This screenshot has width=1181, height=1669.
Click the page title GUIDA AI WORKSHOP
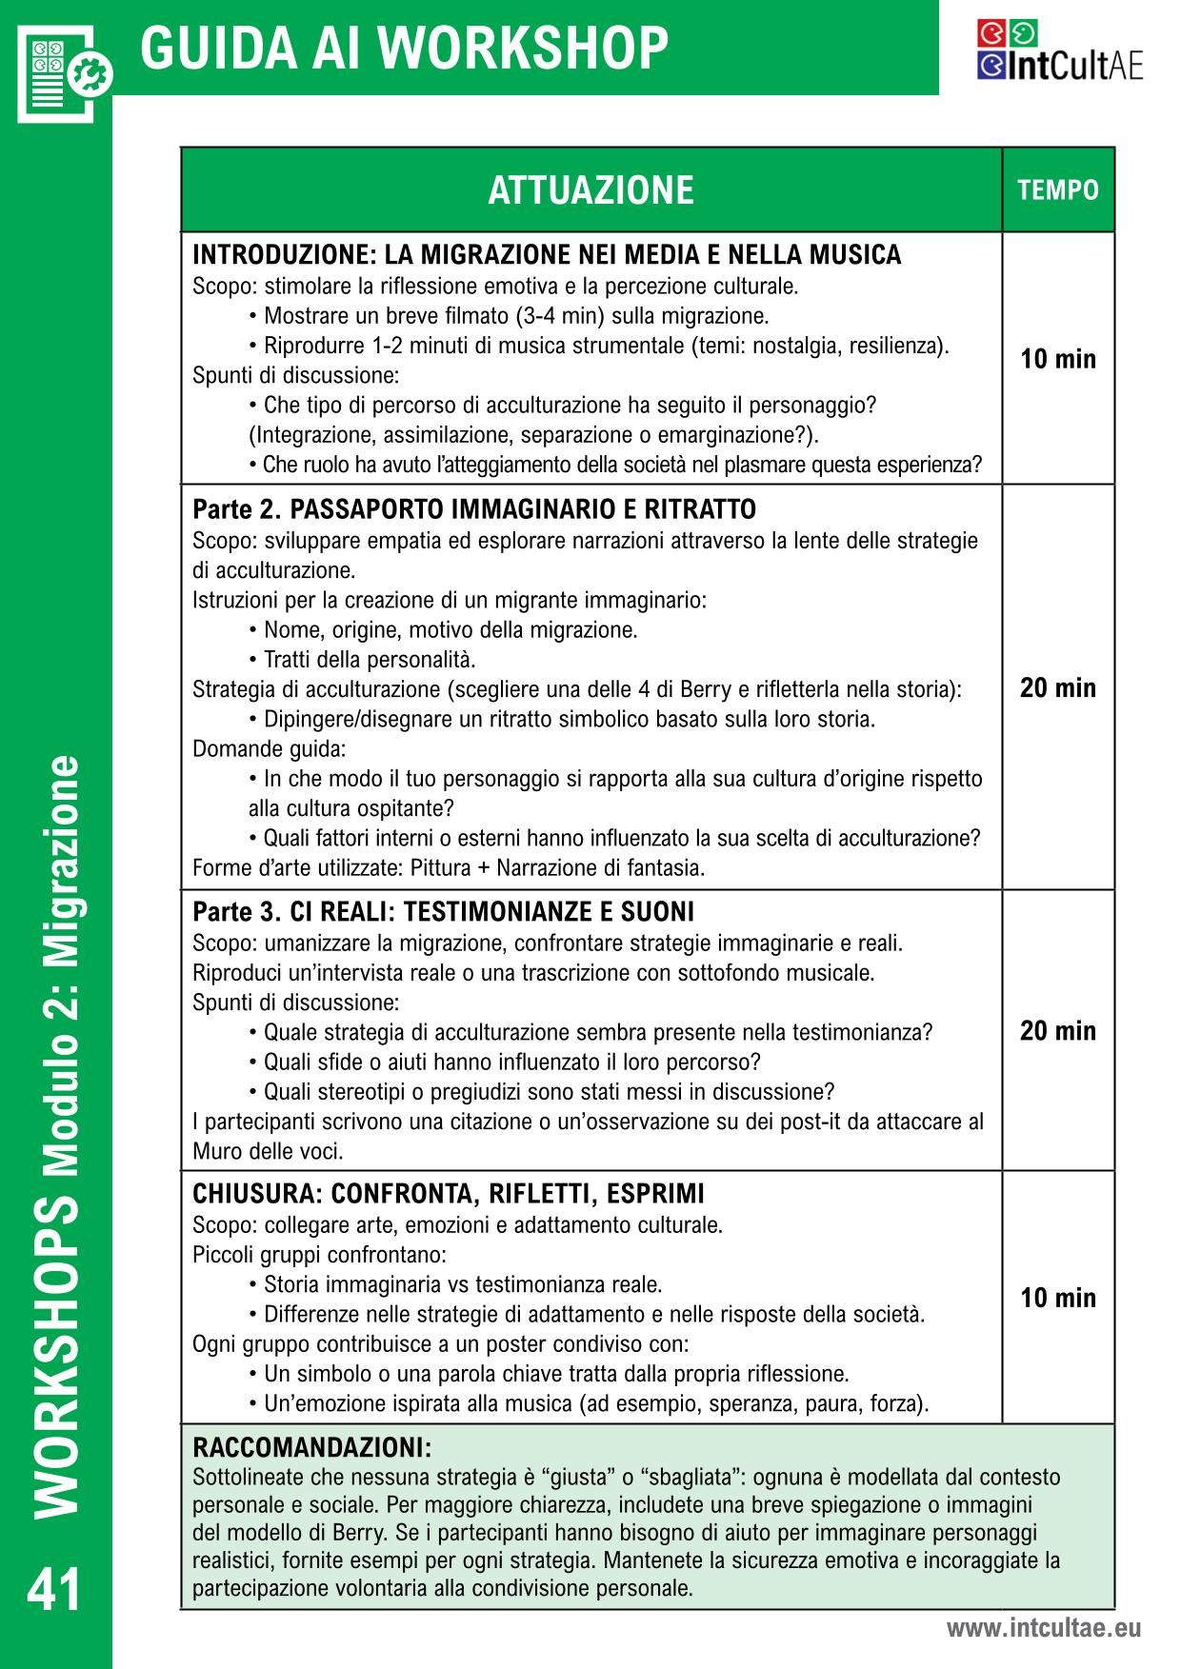tap(404, 49)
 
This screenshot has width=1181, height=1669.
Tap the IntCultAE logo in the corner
tap(1059, 51)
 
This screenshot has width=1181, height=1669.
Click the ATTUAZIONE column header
tap(590, 190)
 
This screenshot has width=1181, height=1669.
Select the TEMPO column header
tap(1058, 190)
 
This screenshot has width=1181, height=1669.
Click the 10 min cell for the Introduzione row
tap(1058, 359)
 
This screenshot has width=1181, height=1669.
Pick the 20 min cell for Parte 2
tap(1058, 687)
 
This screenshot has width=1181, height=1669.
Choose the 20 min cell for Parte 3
tap(1058, 1030)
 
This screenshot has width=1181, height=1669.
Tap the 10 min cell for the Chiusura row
tap(1058, 1298)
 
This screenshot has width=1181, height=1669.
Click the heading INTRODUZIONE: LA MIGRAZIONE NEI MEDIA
tap(547, 255)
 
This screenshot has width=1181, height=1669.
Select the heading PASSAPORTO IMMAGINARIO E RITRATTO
tap(522, 509)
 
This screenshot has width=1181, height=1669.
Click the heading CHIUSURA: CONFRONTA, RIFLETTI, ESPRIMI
tap(449, 1194)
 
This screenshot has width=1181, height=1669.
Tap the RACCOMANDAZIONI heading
tap(312, 1448)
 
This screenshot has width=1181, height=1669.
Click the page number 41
tap(55, 1590)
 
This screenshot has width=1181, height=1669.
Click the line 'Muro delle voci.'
tap(268, 1151)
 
